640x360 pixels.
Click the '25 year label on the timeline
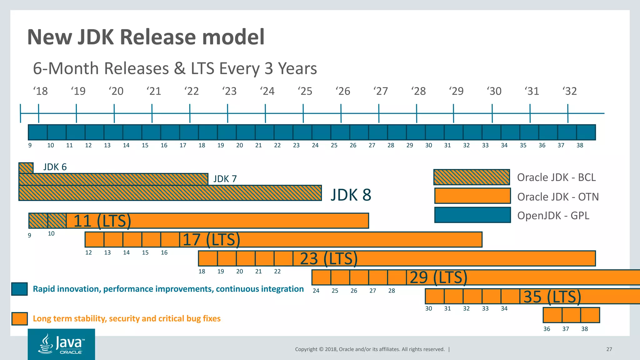305,91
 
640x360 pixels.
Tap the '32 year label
569,91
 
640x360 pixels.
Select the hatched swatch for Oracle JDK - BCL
472,177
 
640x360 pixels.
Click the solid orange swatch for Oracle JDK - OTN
472,196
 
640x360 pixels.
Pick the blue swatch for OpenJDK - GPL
472,215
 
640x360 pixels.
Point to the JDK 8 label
351,195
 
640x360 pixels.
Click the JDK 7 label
225,179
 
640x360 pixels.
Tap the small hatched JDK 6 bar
26,168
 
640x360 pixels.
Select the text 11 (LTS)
102,221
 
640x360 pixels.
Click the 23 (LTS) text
328,259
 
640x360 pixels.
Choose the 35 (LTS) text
552,297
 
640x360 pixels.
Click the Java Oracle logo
61,344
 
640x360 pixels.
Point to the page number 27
609,349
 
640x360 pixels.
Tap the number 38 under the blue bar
580,145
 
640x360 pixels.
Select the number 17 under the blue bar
183,145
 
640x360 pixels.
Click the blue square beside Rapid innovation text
19,289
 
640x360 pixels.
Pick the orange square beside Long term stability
19,319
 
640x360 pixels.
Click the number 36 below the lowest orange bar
547,329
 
